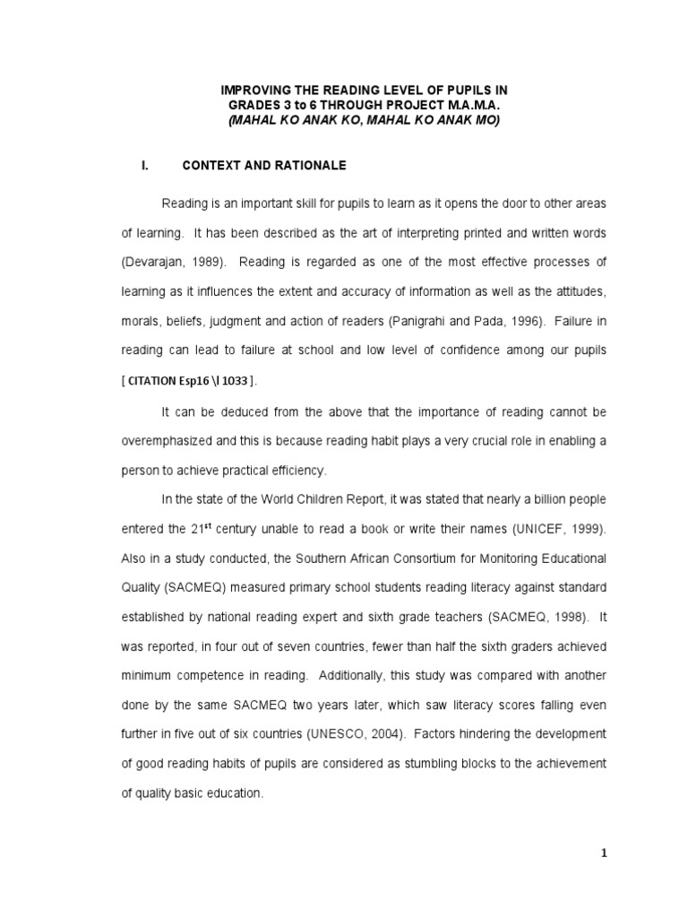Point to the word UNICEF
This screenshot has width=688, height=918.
pyautogui.click(x=535, y=529)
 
